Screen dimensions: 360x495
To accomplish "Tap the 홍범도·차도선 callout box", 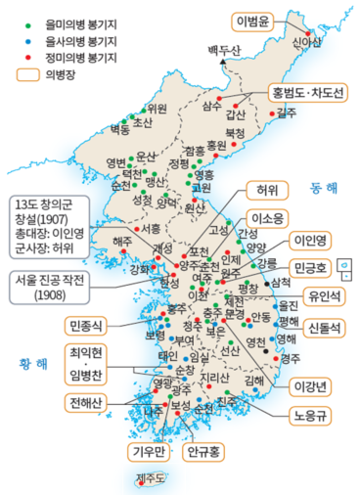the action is pos(306,94).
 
